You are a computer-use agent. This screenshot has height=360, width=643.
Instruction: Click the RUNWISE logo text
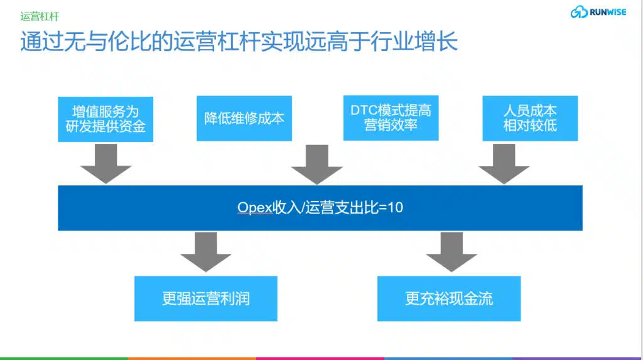tap(608, 13)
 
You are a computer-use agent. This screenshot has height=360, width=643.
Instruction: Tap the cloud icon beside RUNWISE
tap(579, 12)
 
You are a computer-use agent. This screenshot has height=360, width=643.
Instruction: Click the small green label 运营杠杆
tap(40, 16)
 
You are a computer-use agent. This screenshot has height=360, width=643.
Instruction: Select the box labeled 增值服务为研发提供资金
tap(105, 119)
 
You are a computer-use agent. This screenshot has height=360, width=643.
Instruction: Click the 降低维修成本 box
tap(244, 118)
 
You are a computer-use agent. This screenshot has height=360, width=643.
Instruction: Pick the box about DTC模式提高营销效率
tap(391, 118)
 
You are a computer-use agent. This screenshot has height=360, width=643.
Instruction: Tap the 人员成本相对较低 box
tap(530, 118)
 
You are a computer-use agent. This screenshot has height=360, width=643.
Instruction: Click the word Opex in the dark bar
tap(255, 207)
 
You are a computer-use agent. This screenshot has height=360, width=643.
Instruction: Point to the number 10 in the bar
tap(396, 207)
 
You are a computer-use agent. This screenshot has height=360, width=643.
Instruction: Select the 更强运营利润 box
tap(206, 298)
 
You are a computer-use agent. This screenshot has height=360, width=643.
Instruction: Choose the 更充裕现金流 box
tap(449, 298)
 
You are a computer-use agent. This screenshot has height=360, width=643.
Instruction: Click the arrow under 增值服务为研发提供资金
tap(105, 164)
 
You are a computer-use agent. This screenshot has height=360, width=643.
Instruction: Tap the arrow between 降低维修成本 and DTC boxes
tap(317, 165)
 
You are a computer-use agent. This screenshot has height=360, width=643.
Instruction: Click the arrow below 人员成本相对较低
tap(504, 164)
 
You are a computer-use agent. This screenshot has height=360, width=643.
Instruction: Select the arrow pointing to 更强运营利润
tap(206, 252)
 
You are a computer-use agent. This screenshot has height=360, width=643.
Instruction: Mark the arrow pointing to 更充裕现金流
tap(451, 252)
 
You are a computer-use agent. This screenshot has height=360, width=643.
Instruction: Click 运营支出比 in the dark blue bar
tap(342, 207)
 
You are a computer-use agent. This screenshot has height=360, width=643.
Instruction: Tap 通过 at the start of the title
tap(42, 41)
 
